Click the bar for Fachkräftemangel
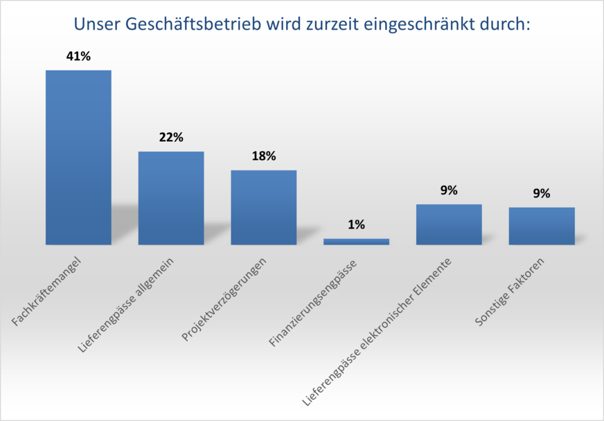(x=78, y=157)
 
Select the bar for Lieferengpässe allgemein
(x=171, y=197)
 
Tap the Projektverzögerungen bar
(x=263, y=207)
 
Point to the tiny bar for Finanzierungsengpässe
(x=356, y=242)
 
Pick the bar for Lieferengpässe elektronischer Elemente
(x=449, y=224)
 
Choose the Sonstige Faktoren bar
(x=542, y=226)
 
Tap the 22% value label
(x=171, y=138)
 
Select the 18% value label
(x=264, y=156)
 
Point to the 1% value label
(x=357, y=225)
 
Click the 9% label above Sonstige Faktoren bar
(x=542, y=194)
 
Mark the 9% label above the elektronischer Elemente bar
(x=449, y=190)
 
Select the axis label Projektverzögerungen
(x=224, y=301)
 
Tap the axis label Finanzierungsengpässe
(x=313, y=304)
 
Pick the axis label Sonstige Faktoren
(x=510, y=293)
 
